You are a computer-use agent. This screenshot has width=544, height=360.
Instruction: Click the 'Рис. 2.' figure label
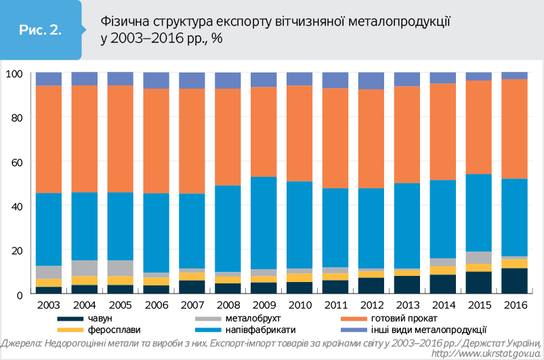[41, 31]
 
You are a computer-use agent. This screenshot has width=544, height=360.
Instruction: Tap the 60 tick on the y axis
[18, 162]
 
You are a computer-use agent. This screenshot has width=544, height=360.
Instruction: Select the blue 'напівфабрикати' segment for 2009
[264, 223]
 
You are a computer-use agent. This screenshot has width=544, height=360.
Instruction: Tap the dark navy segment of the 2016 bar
[514, 281]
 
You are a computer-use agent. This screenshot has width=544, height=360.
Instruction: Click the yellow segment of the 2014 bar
[443, 271]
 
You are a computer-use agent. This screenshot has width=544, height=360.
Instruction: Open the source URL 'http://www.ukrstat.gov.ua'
[485, 353]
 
